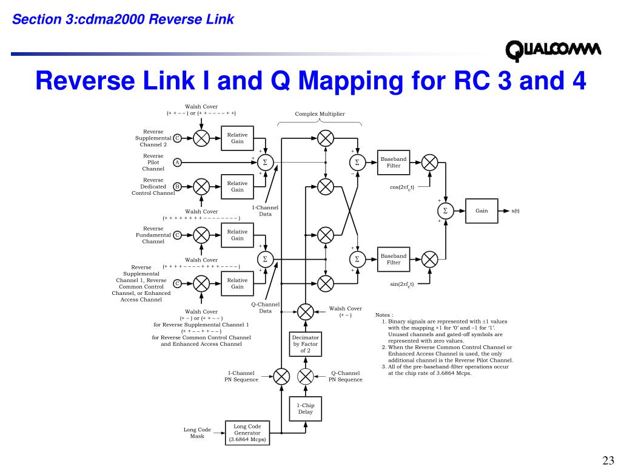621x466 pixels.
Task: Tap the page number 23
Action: coord(608,459)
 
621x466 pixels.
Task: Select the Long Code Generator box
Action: coord(247,433)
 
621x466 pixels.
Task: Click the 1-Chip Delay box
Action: coord(306,408)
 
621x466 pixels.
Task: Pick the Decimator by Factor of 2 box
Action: coord(306,344)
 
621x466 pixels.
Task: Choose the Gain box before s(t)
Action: coord(482,211)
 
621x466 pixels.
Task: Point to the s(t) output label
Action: coord(515,211)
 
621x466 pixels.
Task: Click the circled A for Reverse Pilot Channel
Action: coord(177,162)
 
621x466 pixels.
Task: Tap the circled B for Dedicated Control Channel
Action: coord(177,186)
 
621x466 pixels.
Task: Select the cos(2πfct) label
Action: coord(401,187)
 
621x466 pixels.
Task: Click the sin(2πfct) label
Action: coord(401,284)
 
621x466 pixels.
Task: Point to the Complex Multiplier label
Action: coord(320,114)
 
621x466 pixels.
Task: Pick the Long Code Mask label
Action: coord(197,433)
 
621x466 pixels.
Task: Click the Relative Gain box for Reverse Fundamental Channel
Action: coord(237,235)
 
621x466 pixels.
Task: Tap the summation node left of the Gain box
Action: coord(445,211)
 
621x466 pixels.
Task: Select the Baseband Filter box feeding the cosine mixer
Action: coord(394,162)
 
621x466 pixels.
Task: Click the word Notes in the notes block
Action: coord(384,315)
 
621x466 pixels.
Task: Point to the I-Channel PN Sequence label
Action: coord(241,376)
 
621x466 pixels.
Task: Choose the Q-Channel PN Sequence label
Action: coord(346,376)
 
